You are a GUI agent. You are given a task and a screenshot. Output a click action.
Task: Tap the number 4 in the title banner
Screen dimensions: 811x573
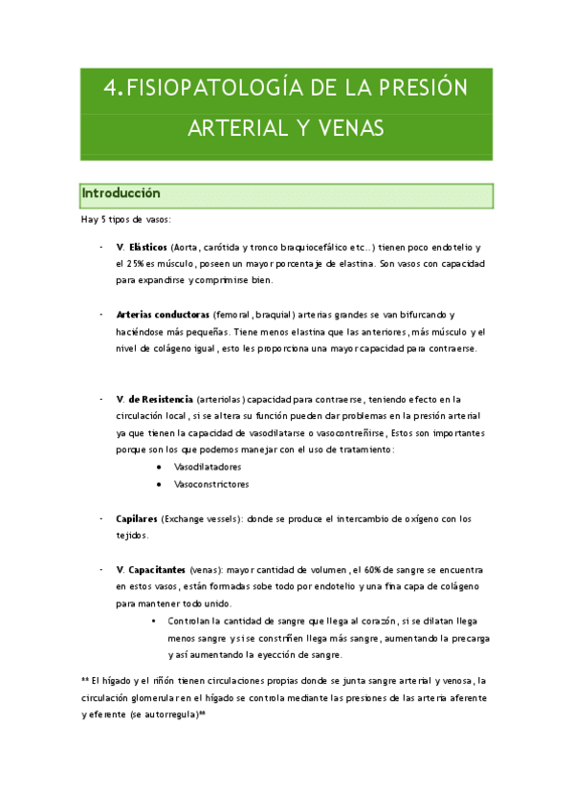pyautogui.click(x=111, y=88)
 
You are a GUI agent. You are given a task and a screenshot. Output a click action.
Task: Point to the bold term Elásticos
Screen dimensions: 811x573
pyautogui.click(x=148, y=247)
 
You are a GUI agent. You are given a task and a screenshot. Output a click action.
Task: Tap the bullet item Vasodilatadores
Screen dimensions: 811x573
pyautogui.click(x=208, y=467)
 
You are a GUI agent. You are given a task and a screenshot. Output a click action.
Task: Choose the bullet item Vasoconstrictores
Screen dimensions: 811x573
pyautogui.click(x=211, y=484)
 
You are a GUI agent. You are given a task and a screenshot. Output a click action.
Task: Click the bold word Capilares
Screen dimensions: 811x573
pyautogui.click(x=137, y=518)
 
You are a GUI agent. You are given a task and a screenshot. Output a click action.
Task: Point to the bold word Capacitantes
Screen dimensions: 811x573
pyautogui.click(x=157, y=569)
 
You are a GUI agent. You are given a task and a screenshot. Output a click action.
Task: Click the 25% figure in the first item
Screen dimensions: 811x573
pyautogui.click(x=133, y=263)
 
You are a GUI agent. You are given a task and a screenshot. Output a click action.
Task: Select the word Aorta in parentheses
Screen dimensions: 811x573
pyautogui.click(x=213, y=247)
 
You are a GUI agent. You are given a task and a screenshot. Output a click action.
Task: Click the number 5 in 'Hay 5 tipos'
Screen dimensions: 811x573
pyautogui.click(x=102, y=220)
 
